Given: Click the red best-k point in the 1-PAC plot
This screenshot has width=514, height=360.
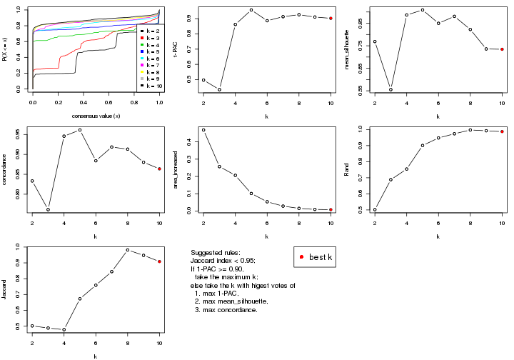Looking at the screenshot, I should (331, 19).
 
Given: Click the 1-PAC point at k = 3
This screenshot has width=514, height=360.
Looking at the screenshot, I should (219, 89).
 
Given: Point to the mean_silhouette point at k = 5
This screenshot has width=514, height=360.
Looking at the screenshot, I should (422, 10).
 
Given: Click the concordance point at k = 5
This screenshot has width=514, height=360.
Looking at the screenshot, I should (79, 130).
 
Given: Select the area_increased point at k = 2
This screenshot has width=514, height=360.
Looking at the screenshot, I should (203, 130).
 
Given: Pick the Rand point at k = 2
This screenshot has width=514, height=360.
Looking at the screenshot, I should (374, 210).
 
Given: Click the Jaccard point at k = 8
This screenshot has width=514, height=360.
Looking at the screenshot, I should (127, 250).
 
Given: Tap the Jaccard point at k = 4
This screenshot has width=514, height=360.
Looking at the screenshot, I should (64, 329).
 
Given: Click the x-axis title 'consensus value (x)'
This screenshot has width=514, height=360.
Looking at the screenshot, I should (96, 116).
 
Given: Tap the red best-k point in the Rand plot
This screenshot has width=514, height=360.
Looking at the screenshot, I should (502, 131).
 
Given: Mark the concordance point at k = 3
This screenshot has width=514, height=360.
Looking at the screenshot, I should (47, 209).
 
